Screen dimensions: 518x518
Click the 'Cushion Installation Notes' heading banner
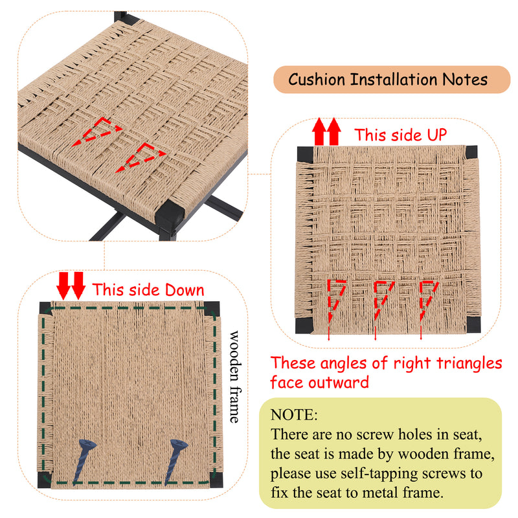(392, 80)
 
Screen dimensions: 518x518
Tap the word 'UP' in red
(436, 135)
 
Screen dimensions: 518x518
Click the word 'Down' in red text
(185, 289)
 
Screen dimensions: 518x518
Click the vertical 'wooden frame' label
(234, 376)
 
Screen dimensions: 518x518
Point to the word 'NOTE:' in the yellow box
(294, 415)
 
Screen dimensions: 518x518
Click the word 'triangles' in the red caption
(469, 363)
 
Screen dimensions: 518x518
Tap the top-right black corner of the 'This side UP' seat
(471, 152)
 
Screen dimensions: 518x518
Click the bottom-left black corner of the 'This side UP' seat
(303, 326)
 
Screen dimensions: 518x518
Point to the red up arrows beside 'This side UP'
(327, 131)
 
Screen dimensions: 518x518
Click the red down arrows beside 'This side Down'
(71, 286)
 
